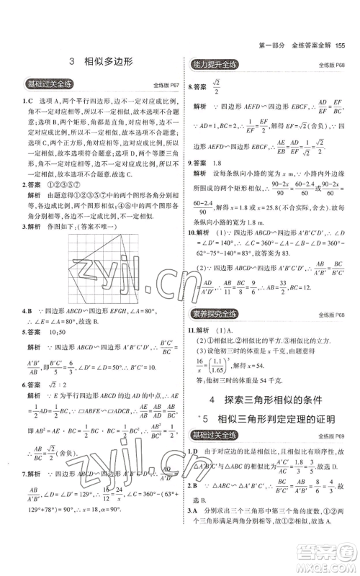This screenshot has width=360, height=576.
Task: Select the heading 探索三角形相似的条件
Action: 272,399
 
